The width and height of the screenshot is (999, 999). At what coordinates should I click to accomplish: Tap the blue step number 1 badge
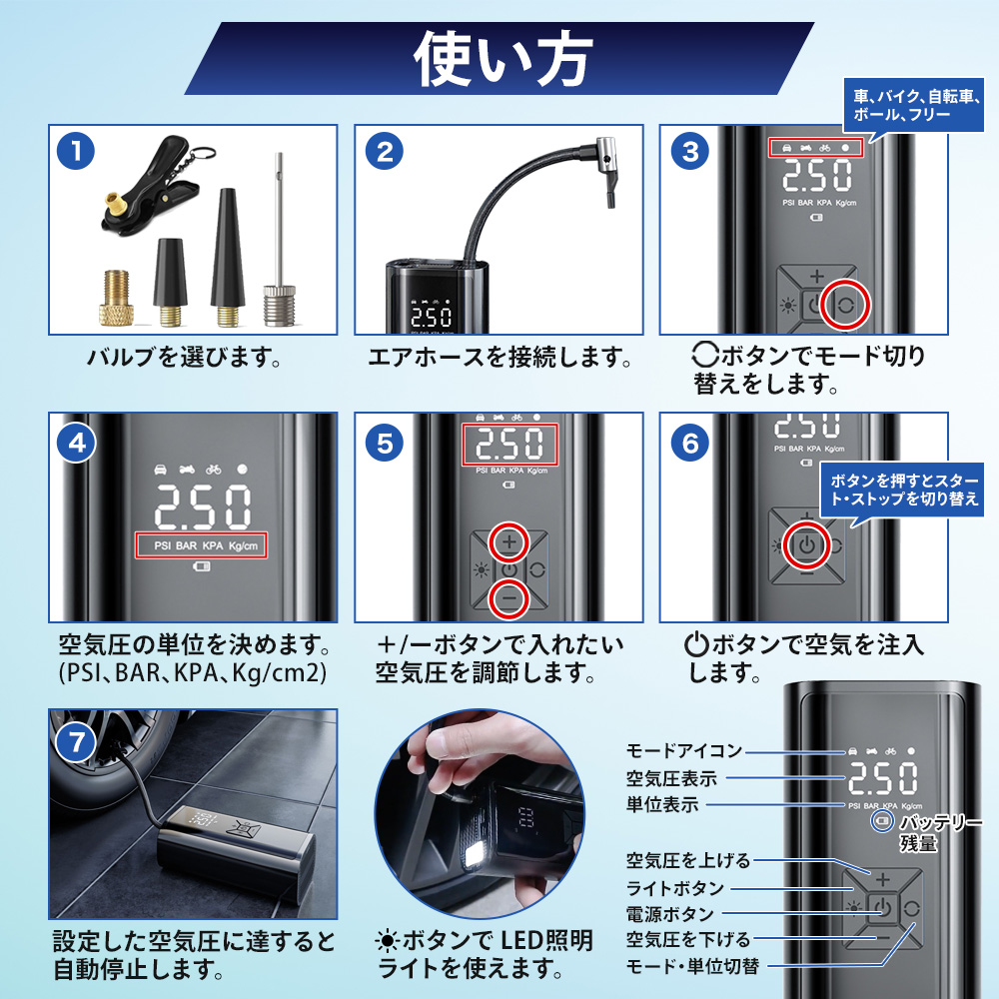click(x=76, y=152)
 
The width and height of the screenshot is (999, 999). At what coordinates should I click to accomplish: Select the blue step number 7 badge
click(x=76, y=742)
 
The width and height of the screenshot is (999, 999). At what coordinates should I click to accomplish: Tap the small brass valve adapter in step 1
click(x=117, y=298)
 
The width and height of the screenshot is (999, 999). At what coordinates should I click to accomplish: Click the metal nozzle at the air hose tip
click(x=606, y=171)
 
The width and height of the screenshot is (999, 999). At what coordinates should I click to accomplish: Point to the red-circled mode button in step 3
click(x=845, y=305)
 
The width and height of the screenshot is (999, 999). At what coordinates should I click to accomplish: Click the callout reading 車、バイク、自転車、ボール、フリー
click(x=914, y=105)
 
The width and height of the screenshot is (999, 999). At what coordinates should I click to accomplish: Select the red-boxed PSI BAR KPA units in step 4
click(x=201, y=545)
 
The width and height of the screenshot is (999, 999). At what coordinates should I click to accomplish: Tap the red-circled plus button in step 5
click(x=509, y=542)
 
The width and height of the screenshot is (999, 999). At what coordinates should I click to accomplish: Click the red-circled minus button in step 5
click(x=509, y=598)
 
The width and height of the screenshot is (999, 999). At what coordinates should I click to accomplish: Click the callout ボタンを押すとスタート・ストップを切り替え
click(x=903, y=490)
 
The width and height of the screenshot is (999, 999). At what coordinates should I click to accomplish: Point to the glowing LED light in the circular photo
click(x=477, y=854)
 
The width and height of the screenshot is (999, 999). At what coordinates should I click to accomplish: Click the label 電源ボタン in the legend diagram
click(x=669, y=914)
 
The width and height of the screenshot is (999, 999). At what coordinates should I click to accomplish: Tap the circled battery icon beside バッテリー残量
click(x=882, y=820)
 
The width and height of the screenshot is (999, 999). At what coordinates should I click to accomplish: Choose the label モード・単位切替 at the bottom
click(x=692, y=966)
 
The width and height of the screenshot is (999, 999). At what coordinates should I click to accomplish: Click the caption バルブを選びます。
click(x=184, y=357)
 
